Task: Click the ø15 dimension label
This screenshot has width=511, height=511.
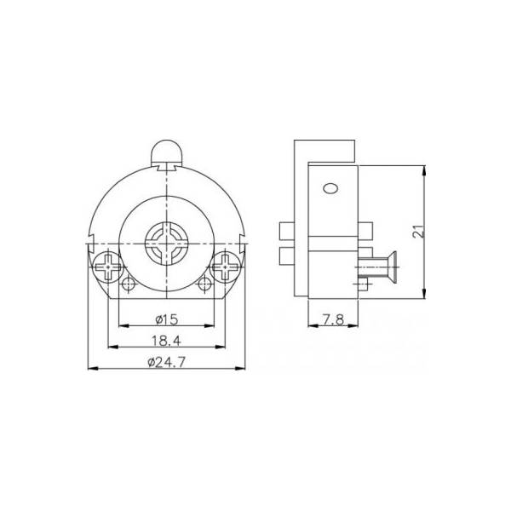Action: pos(167,319)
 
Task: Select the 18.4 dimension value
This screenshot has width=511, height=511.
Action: pos(166,341)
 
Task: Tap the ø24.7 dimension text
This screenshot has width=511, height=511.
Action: pos(166,362)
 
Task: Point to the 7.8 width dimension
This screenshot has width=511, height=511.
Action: pos(333,319)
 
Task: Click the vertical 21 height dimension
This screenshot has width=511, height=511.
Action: pos(418,231)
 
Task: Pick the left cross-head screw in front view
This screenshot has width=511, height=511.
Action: pos(108,267)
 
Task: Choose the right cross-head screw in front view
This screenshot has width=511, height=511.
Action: pos(225,267)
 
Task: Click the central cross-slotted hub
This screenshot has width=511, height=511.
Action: pos(167,244)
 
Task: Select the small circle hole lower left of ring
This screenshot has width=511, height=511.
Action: pos(129,284)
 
